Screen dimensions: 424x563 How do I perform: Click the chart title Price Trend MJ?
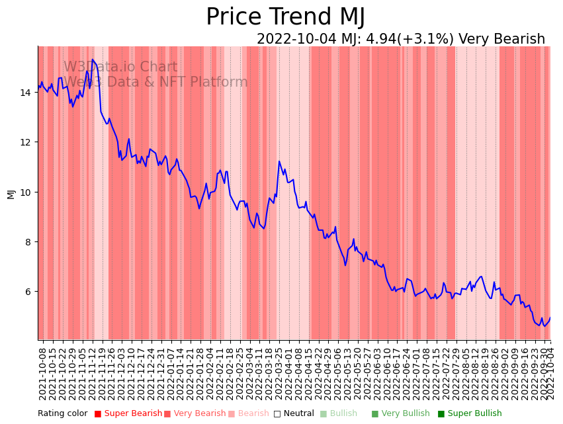[285, 17]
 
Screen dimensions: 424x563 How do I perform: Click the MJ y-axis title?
[11, 193]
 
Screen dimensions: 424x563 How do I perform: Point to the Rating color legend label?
[62, 414]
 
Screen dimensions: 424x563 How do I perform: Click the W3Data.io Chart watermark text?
[120, 67]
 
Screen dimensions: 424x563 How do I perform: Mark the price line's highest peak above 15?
[93, 60]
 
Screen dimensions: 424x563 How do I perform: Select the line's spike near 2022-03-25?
[279, 161]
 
